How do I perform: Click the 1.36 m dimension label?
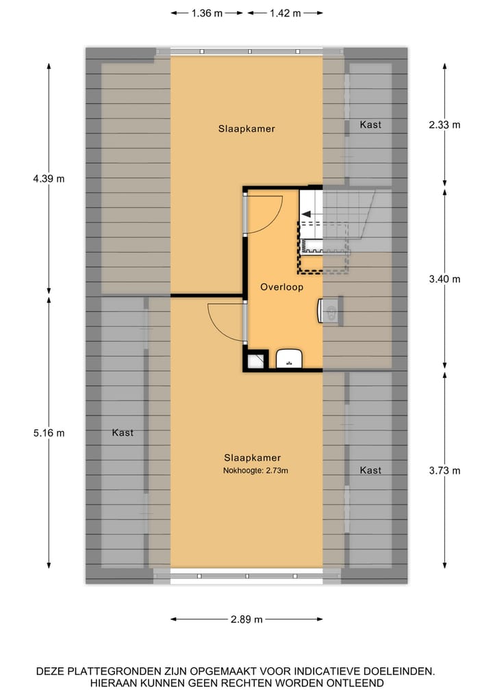207,13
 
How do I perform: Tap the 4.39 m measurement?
50,179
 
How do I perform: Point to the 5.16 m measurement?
50,433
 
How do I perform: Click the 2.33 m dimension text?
444,125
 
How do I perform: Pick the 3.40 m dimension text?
444,279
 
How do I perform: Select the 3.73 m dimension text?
444,470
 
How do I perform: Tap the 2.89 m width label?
246,619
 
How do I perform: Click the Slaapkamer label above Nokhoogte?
252,458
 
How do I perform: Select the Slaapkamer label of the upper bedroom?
246,129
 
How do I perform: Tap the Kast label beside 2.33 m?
370,125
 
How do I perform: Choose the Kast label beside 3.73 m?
370,470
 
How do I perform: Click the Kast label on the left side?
123,433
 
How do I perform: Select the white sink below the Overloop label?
290,358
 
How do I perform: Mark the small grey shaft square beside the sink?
256,360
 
